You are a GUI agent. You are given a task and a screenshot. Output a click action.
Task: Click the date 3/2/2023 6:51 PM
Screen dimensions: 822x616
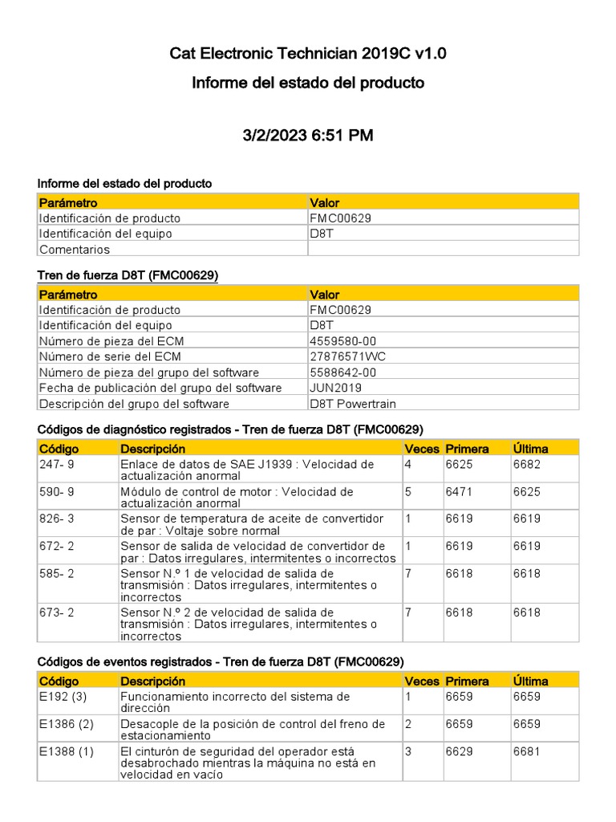coord(308,136)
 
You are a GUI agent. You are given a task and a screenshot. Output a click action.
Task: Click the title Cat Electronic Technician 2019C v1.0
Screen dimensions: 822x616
coord(308,54)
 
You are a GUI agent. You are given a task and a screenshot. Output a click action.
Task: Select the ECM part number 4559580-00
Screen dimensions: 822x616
coord(342,341)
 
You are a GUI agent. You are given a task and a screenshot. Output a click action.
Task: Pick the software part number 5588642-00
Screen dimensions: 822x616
coord(342,372)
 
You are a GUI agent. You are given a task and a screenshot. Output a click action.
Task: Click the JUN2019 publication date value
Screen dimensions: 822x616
coord(336,388)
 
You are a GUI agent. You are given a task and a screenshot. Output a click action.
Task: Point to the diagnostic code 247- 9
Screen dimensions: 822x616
coord(57,464)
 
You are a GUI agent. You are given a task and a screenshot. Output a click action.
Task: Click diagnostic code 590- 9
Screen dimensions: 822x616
coord(57,491)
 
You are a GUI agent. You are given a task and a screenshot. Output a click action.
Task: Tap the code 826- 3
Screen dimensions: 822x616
coord(57,519)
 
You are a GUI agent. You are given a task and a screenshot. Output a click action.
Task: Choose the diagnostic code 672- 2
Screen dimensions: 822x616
coord(57,546)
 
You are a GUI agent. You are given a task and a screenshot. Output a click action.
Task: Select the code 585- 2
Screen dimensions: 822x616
coord(57,573)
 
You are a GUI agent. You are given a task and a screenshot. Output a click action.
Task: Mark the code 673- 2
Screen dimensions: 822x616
coord(57,612)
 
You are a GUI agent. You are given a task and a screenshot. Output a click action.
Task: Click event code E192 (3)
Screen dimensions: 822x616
coord(63,697)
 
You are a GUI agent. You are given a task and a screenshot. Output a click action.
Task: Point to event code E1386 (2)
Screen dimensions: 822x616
coord(67,724)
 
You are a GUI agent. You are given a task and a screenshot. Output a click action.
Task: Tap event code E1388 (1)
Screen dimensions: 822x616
coord(67,751)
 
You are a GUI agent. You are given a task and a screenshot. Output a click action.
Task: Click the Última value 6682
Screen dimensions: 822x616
coord(527,464)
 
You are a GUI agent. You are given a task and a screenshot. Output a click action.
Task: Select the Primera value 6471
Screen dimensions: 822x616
coord(460,491)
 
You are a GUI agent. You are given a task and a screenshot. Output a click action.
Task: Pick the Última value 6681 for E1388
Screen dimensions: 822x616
coord(527,751)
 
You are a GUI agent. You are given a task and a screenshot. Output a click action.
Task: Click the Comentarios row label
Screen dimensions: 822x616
coord(75,249)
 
